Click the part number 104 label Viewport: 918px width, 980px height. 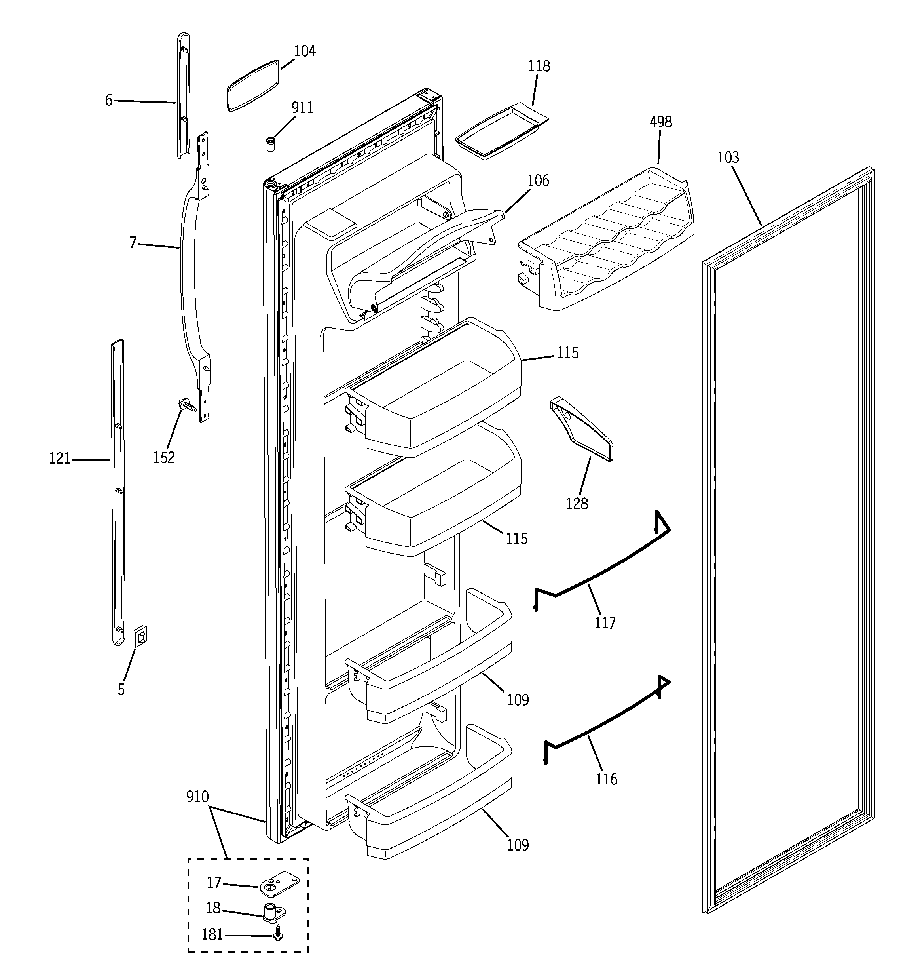[x=305, y=51]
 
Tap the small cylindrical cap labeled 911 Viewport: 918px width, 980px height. [x=270, y=145]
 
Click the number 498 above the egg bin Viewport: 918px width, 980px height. [x=660, y=122]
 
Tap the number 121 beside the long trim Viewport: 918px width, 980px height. [x=60, y=459]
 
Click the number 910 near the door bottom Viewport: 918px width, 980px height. [x=197, y=797]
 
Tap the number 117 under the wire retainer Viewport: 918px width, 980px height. [x=605, y=623]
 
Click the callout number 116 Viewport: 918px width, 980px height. [x=606, y=779]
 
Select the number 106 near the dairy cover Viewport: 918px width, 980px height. [x=538, y=181]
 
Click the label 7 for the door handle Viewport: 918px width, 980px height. [x=133, y=243]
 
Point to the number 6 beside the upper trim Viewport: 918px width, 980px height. [x=108, y=101]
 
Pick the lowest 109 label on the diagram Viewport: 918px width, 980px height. [x=518, y=845]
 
